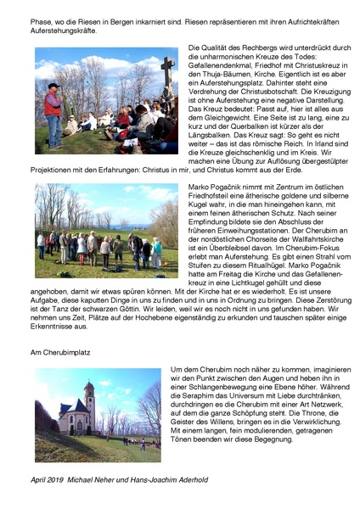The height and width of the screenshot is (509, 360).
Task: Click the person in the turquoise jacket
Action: [x=156, y=250]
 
